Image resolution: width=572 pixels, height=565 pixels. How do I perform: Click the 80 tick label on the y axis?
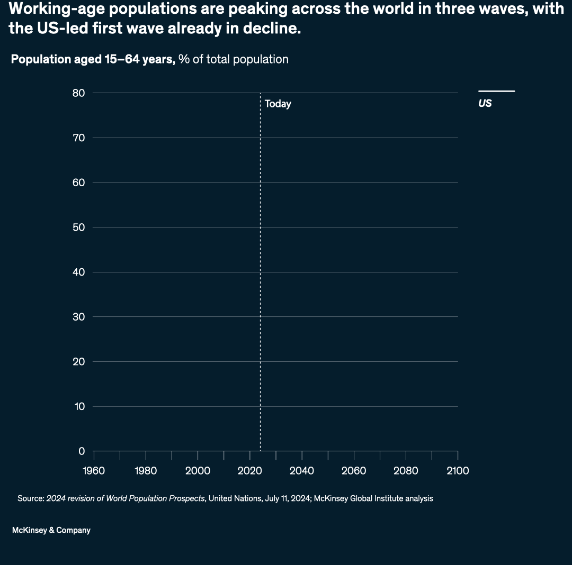click(78, 93)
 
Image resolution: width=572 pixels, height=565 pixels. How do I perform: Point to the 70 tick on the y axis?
click(78, 138)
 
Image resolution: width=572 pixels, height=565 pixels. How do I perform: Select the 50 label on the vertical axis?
click(78, 227)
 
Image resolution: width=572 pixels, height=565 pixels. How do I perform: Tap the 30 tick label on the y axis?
click(78, 317)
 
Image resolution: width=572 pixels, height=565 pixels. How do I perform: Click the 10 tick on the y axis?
click(79, 407)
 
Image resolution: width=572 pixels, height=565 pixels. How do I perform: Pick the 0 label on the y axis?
click(82, 451)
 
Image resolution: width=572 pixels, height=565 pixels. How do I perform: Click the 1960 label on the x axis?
click(94, 471)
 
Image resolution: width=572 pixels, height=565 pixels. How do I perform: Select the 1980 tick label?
click(146, 471)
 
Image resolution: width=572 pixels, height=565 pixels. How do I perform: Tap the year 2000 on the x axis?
click(198, 471)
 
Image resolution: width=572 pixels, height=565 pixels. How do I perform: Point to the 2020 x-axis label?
click(249, 471)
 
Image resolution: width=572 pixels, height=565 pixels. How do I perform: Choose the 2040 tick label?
click(301, 471)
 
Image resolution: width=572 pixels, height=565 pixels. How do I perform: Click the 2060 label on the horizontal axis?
click(353, 471)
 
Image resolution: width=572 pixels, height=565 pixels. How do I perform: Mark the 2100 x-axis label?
click(458, 471)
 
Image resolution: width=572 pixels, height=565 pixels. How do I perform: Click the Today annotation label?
click(278, 104)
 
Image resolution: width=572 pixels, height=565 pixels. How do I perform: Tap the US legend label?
click(485, 104)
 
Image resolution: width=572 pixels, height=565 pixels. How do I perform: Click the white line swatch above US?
click(496, 92)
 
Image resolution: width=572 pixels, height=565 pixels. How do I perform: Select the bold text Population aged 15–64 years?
click(93, 59)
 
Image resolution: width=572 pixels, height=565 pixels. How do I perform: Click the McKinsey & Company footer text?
click(51, 530)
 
